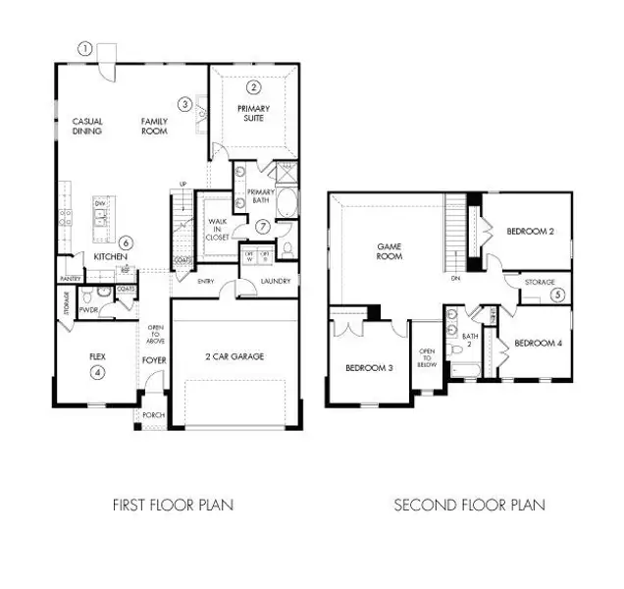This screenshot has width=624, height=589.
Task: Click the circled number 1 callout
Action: (85, 48)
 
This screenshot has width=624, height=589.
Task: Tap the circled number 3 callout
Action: (184, 104)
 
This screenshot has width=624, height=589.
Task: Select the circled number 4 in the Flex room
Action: (96, 372)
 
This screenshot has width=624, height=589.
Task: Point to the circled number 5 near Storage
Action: (557, 294)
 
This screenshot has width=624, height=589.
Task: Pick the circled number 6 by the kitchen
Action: (126, 242)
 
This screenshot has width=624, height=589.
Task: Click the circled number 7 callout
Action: (263, 227)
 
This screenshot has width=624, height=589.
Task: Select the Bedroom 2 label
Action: (531, 232)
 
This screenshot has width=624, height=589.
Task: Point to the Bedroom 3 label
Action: (370, 368)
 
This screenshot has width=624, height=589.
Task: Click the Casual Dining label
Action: (87, 126)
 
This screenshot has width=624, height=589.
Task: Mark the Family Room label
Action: (155, 126)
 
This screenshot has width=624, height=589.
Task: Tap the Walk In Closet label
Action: (217, 230)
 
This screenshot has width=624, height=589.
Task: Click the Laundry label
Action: (274, 282)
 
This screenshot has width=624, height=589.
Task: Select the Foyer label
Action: (155, 359)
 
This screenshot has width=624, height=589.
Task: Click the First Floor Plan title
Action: (174, 506)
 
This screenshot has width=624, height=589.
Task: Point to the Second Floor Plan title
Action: (469, 506)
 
